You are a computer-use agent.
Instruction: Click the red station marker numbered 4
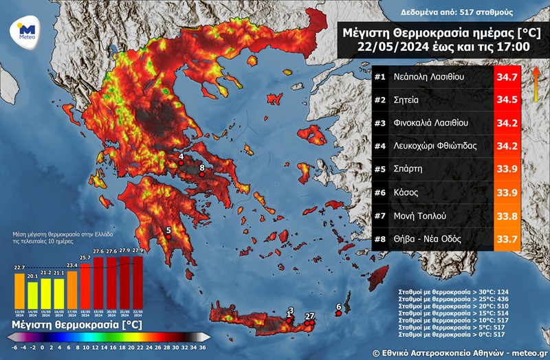(x=181, y=165)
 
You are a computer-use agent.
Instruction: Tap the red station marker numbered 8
(x=201, y=175)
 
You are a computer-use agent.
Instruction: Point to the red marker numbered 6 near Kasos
(x=338, y=314)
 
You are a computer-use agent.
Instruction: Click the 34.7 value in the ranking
(x=507, y=77)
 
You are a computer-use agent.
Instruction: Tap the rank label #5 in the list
(x=380, y=169)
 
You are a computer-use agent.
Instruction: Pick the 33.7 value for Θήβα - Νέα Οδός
(x=507, y=239)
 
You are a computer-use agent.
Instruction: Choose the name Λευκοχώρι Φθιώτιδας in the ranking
(x=435, y=146)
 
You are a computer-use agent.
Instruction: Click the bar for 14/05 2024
(x=32, y=294)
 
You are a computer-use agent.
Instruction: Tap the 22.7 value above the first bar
(x=19, y=267)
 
